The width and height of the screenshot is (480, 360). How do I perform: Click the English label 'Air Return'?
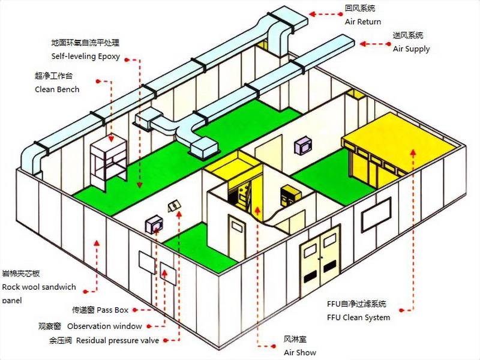[x=362, y=22]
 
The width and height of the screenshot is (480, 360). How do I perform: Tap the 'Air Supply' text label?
[x=411, y=49]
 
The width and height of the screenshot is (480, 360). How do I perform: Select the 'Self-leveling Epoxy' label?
[x=86, y=57]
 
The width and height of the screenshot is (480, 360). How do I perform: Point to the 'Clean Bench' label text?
[x=57, y=89]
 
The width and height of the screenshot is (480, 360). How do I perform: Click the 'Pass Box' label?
[x=112, y=310]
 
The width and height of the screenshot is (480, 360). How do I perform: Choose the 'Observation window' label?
[x=104, y=326]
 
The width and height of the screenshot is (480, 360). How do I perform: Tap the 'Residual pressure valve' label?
[x=118, y=341]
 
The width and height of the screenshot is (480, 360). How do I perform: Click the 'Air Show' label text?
[x=300, y=352]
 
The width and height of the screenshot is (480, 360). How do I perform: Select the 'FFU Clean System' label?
[x=358, y=317]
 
